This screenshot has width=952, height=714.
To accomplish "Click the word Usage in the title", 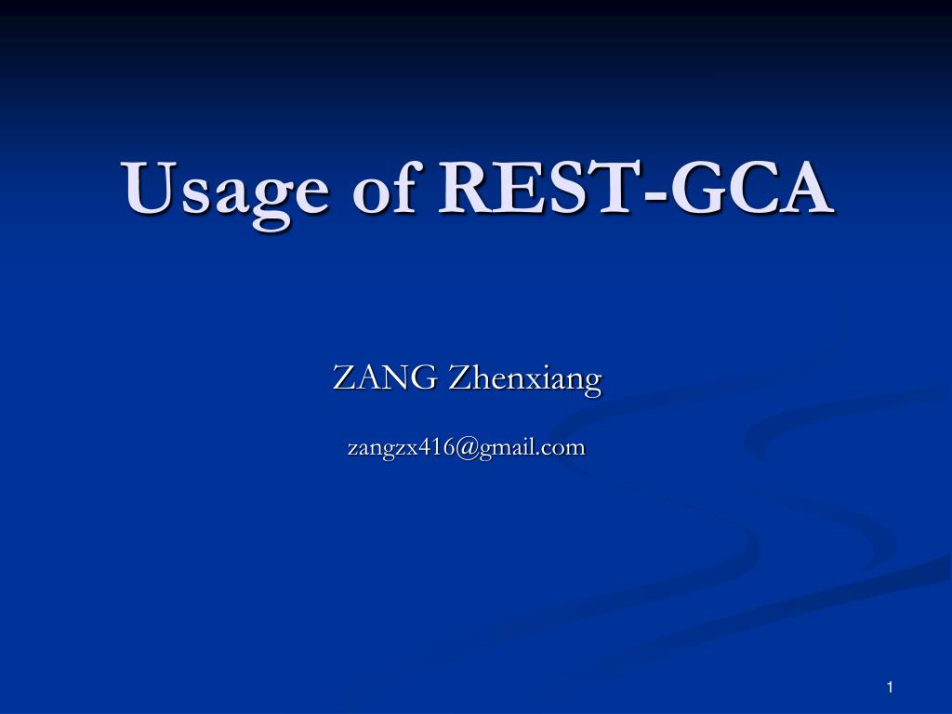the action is click(225, 192).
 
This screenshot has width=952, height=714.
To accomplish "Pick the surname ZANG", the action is click(385, 377).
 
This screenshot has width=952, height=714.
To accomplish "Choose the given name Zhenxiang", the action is click(525, 379).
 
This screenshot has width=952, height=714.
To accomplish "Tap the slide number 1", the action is click(890, 687).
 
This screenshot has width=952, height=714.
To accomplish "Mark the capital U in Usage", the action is click(149, 187).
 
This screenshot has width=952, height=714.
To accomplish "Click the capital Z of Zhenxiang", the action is click(460, 377).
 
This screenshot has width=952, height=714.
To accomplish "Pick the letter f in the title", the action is click(408, 186).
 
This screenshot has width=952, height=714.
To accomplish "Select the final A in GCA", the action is click(804, 187).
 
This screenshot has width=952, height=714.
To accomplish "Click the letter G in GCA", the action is click(694, 187).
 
